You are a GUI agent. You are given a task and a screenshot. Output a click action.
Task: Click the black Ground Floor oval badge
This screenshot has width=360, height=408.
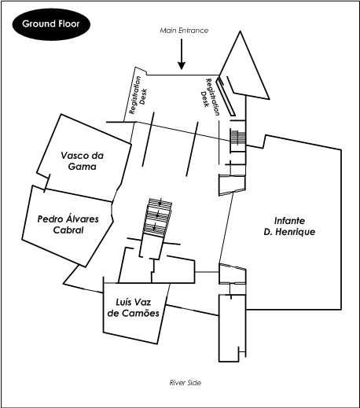coord(51,24)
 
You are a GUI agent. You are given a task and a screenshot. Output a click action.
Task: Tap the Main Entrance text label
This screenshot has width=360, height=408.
coord(184,31)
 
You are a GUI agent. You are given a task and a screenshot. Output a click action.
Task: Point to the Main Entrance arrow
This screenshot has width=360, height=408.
coord(182,54)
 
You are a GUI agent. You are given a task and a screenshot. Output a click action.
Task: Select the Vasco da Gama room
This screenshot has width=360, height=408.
coord(84,158)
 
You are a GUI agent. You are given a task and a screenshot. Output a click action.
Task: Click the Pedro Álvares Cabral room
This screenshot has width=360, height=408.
coord(68,226)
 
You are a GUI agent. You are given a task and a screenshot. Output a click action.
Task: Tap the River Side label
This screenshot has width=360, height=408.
coord(186,383)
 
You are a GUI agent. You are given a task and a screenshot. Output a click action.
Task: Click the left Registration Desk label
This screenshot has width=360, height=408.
coord(138,95)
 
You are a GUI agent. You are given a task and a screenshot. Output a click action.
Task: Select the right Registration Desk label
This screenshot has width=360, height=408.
coord(210,97)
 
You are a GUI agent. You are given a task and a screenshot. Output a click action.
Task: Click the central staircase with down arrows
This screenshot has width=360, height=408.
coord(157,218)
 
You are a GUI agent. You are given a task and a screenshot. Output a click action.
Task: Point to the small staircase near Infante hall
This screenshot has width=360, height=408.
coord(238,137)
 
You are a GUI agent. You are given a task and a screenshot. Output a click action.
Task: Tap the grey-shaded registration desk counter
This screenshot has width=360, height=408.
coord(226,96)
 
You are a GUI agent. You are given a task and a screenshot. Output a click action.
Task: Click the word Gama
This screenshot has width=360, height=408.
coord(83,167)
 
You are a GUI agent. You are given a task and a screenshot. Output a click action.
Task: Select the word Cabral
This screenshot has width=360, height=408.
coord(68,230)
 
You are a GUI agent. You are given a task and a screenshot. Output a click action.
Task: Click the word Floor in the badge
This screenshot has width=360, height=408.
coord(68,24)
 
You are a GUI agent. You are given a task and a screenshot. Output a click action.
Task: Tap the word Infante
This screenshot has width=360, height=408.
coord(289,221)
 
